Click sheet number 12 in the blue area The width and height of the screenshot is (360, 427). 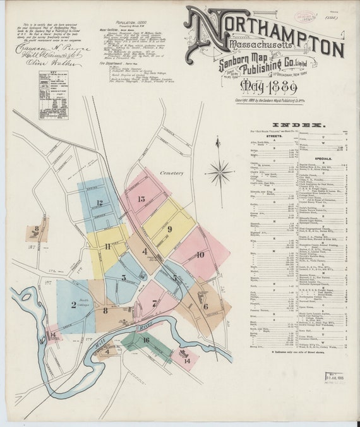pyautogui.click(x=99, y=203)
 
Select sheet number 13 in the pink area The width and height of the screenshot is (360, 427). pyautogui.click(x=141, y=199)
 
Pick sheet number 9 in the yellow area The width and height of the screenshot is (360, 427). pyautogui.click(x=169, y=229)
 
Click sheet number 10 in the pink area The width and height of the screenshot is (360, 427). pyautogui.click(x=200, y=255)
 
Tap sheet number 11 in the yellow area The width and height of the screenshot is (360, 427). pyautogui.click(x=108, y=246)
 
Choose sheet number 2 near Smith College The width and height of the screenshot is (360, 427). pyautogui.click(x=73, y=304)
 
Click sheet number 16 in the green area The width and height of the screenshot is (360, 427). pyautogui.click(x=146, y=340)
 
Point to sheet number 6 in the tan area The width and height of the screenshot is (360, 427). pyautogui.click(x=205, y=306)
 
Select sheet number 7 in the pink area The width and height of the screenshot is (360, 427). pyautogui.click(x=154, y=303)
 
